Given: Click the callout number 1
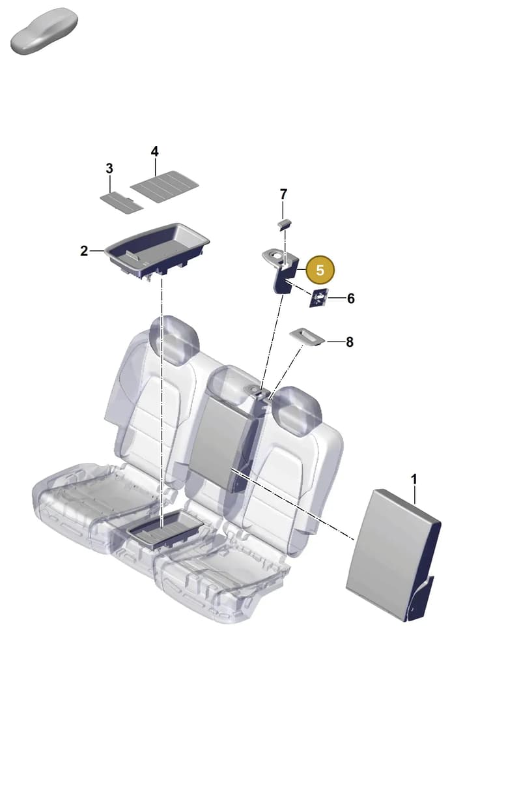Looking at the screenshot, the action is pyautogui.click(x=414, y=480).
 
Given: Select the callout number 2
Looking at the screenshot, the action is pyautogui.click(x=84, y=251).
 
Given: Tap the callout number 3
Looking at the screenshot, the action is pyautogui.click(x=109, y=169).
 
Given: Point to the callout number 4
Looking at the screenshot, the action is pyautogui.click(x=155, y=152).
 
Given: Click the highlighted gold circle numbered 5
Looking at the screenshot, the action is pyautogui.click(x=320, y=270).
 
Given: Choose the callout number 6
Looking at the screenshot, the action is pyautogui.click(x=350, y=299).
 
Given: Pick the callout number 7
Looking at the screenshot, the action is pyautogui.click(x=283, y=194).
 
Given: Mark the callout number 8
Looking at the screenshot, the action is pyautogui.click(x=349, y=342).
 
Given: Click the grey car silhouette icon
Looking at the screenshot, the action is pyautogui.click(x=44, y=31).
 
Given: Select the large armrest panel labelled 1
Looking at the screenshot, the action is pyautogui.click(x=392, y=555).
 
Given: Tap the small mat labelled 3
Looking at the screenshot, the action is pyautogui.click(x=122, y=203).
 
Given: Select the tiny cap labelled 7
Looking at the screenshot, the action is pyautogui.click(x=285, y=224).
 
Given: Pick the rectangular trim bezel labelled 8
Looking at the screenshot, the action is pyautogui.click(x=307, y=336).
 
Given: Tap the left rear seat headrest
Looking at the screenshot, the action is pyautogui.click(x=174, y=340).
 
